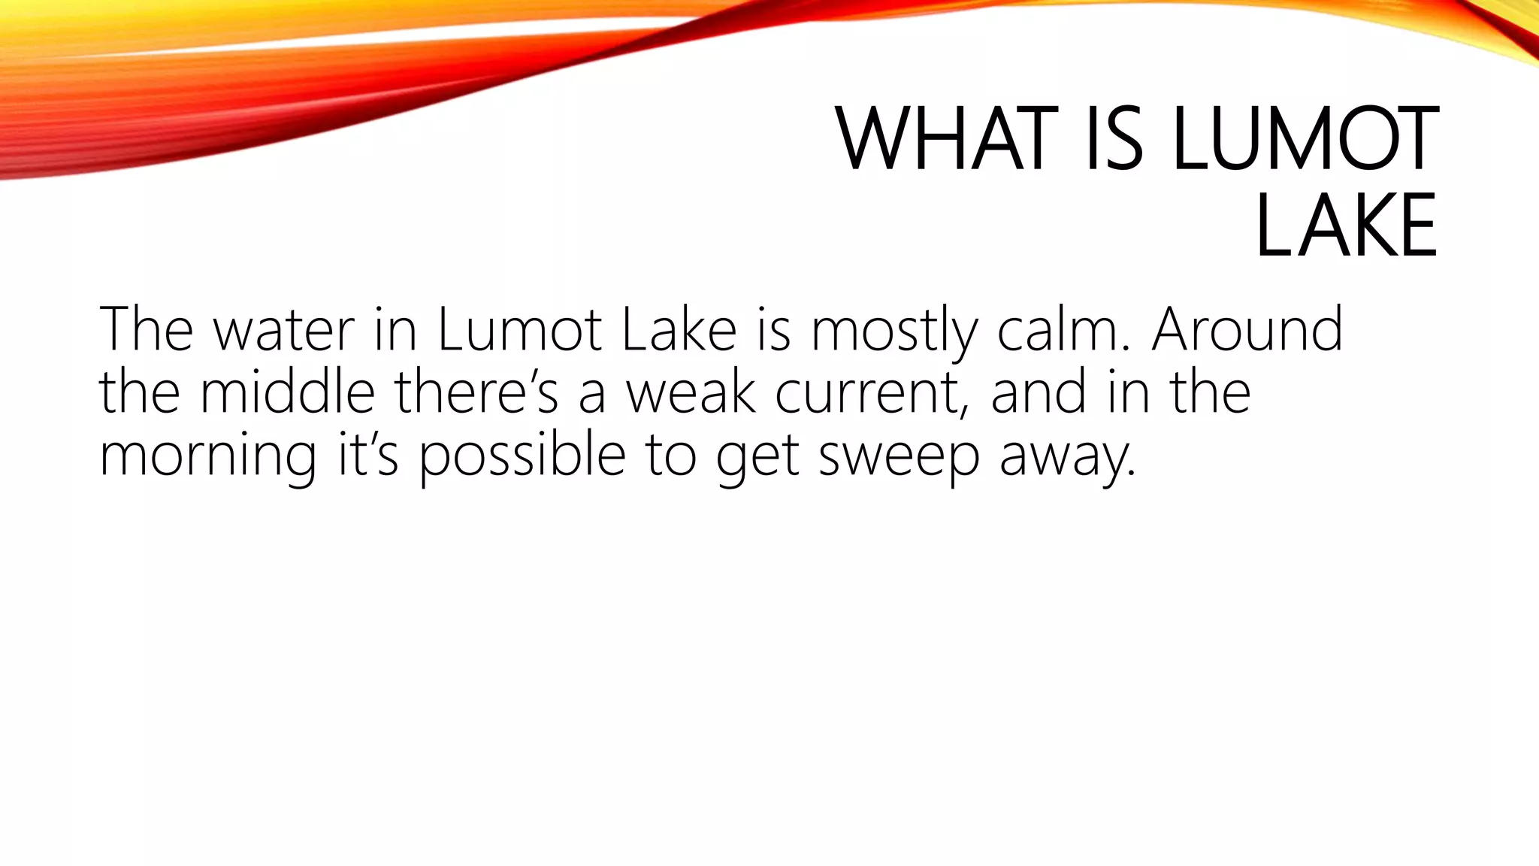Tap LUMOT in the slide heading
[1304, 140]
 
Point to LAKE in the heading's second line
[1345, 226]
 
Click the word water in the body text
[283, 331]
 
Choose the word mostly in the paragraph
[893, 331]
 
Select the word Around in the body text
[1247, 331]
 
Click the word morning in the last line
[207, 456]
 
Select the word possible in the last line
[522, 456]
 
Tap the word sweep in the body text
[899, 456]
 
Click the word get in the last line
[757, 456]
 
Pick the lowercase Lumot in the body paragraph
[519, 331]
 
